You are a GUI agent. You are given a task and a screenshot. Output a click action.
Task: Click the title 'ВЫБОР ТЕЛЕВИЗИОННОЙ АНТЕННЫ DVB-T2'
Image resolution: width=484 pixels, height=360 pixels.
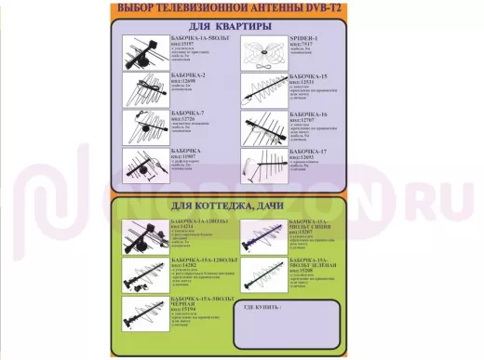pos(241,8)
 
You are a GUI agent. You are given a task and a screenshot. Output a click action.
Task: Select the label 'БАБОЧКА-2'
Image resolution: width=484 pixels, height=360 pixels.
pos(190,74)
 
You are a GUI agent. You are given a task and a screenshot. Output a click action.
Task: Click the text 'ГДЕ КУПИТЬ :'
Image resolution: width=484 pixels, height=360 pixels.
pos(263,306)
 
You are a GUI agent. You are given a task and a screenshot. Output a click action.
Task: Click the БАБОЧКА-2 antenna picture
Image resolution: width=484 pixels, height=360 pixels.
pos(144,89)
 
